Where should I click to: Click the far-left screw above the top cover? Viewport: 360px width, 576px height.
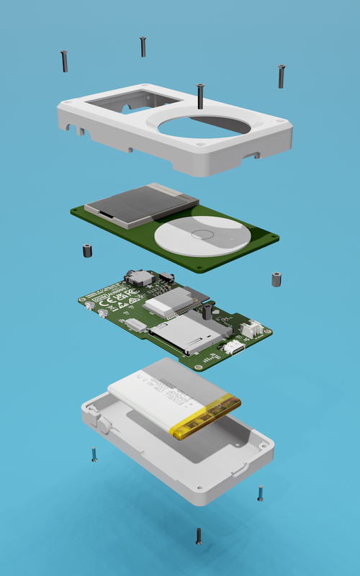click(65, 60)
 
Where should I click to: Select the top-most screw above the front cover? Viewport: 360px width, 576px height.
click(143, 47)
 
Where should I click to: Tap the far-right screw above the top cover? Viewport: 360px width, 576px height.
click(281, 76)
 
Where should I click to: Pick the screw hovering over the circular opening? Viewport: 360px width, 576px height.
click(199, 95)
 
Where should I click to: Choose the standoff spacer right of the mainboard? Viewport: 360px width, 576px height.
click(276, 279)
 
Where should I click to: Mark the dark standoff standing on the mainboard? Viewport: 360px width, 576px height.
click(207, 312)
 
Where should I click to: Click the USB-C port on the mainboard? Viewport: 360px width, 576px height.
click(234, 348)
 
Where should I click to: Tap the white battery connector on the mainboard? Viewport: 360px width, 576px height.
click(252, 328)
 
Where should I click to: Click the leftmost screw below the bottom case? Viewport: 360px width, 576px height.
click(94, 454)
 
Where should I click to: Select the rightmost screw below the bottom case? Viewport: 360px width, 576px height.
click(260, 494)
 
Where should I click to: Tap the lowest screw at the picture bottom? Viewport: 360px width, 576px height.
click(199, 535)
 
